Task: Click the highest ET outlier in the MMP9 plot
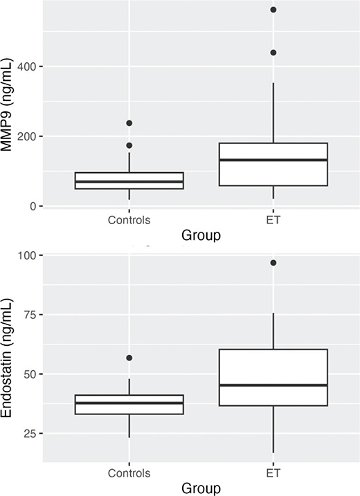pyautogui.click(x=273, y=10)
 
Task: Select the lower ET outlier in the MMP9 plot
pyautogui.click(x=273, y=53)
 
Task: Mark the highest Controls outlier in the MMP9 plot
pyautogui.click(x=129, y=123)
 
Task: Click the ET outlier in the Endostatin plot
pyautogui.click(x=273, y=263)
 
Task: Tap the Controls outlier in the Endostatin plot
pyautogui.click(x=129, y=358)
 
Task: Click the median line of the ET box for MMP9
pyautogui.click(x=273, y=160)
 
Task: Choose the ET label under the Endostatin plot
pyautogui.click(x=273, y=474)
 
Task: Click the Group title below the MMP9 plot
pyautogui.click(x=201, y=236)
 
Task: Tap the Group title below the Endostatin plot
pyautogui.click(x=201, y=488)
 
